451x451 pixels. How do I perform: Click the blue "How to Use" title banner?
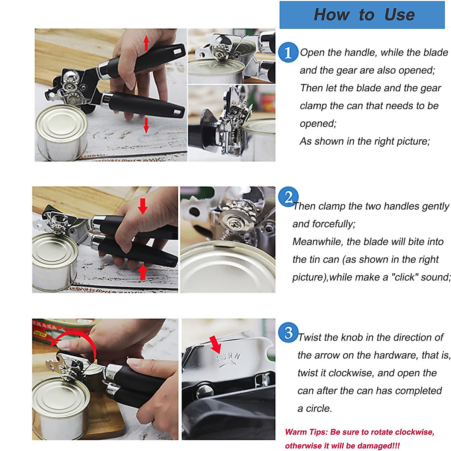tap(362, 15)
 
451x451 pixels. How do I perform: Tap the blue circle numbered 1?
tap(288, 52)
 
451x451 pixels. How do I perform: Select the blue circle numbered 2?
tap(288, 197)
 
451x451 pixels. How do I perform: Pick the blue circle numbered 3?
tap(288, 333)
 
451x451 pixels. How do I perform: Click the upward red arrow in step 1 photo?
tap(146, 43)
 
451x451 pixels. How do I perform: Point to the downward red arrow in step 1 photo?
tap(146, 125)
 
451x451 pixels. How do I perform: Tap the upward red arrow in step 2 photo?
tap(142, 272)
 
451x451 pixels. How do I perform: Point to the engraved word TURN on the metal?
tap(228, 357)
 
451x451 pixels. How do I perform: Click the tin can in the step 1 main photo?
tap(61, 132)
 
